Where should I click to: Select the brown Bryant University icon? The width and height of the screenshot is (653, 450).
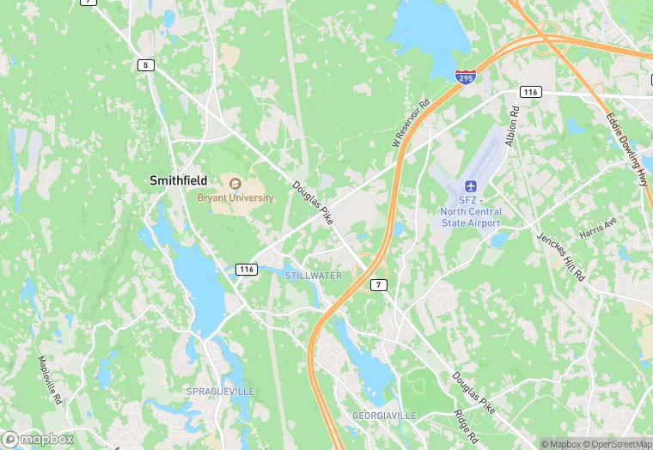pos(234,183)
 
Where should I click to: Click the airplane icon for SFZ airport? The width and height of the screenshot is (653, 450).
pos(470,186)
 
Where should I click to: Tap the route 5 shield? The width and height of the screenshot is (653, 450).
pos(145,65)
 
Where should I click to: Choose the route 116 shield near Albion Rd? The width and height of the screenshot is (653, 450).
pos(530,91)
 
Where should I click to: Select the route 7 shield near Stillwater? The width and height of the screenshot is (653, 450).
pos(377,283)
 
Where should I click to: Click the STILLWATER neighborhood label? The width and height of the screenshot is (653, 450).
pos(314,276)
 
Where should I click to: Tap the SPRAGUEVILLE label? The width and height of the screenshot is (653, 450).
pos(221,391)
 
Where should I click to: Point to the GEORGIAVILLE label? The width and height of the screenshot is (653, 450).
pos(384,416)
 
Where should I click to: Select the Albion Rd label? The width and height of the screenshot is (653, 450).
pos(513,125)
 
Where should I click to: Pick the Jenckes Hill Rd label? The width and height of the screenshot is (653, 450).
pos(560,256)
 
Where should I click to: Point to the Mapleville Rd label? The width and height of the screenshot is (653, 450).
pos(50,380)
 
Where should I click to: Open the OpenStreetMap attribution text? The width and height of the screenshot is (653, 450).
pos(616,444)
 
